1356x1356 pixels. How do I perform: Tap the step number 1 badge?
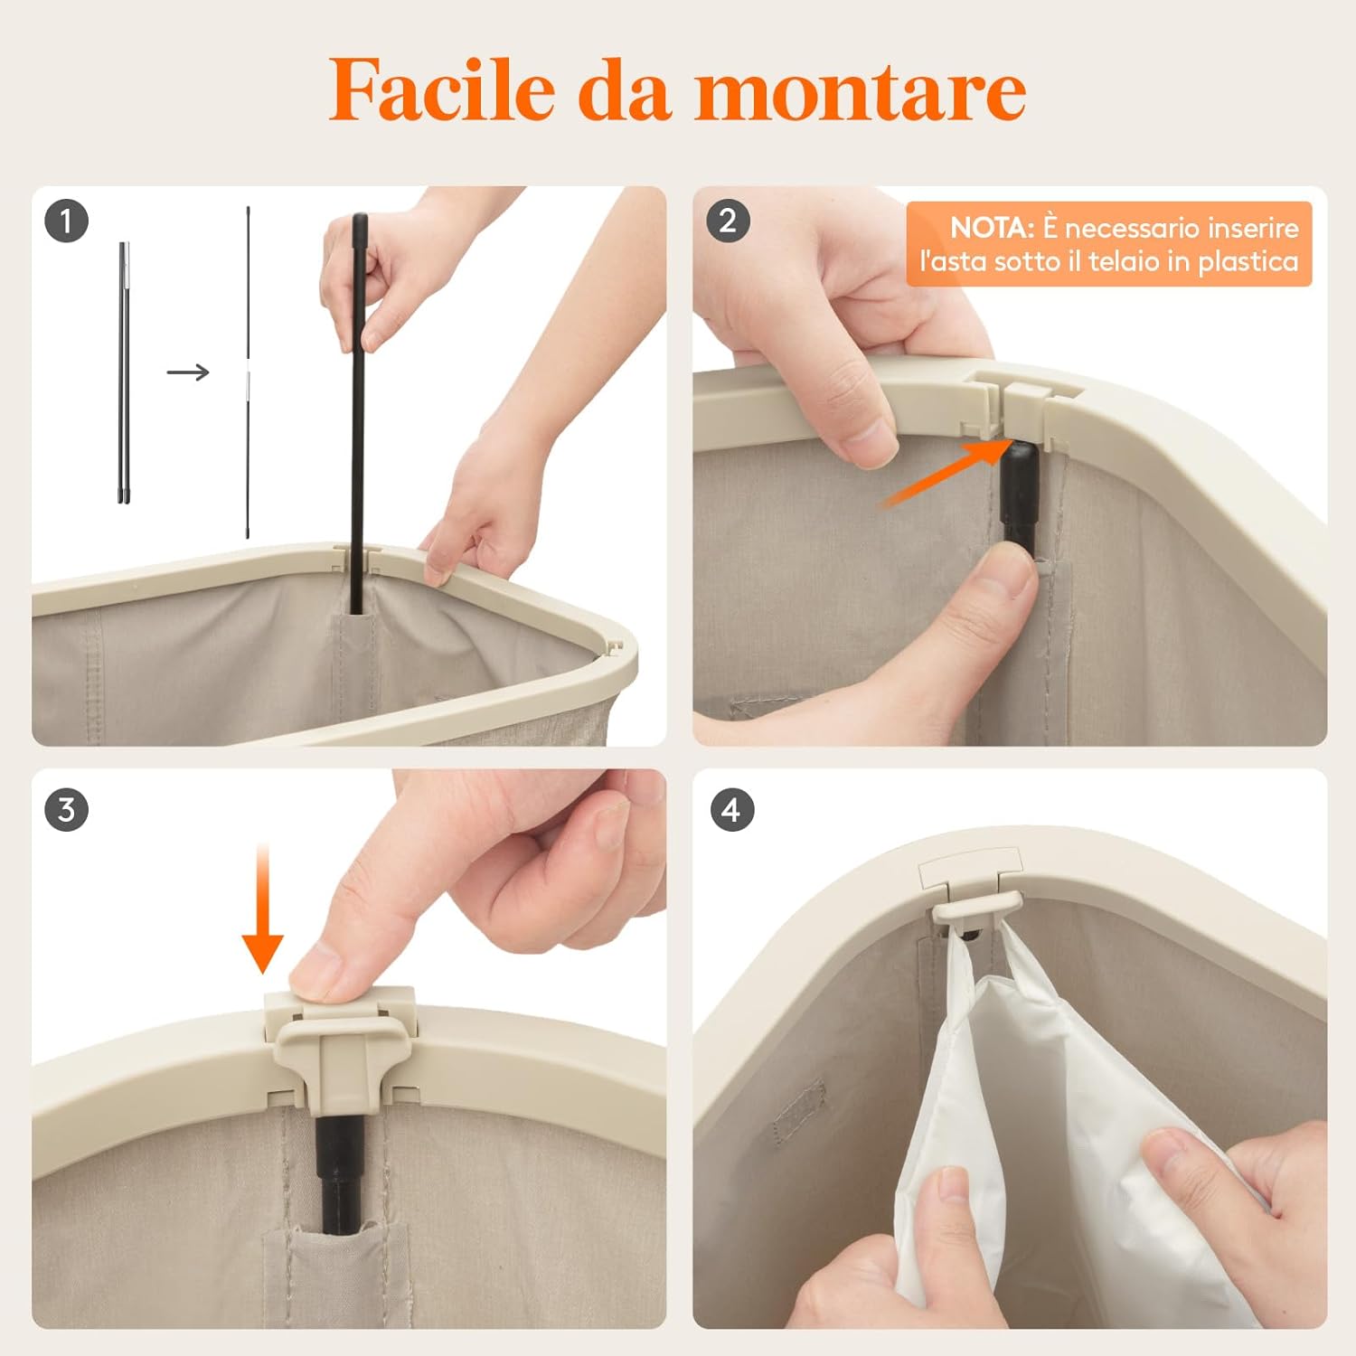point(66,221)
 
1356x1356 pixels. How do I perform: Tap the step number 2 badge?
point(728,221)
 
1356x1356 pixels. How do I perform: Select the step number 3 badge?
point(66,809)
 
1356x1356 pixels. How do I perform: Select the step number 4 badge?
point(731,809)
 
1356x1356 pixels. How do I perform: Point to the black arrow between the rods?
point(188,372)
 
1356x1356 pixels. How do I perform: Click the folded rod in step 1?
point(124,371)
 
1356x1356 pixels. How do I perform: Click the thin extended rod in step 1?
point(248,371)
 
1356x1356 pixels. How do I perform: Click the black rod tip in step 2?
point(1017,461)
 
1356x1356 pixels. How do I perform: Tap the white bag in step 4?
point(1040,1130)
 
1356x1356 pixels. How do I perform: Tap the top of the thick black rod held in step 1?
point(360,221)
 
